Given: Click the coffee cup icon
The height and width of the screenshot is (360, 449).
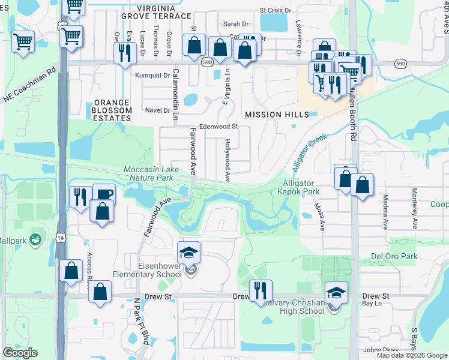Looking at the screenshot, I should (x=103, y=194).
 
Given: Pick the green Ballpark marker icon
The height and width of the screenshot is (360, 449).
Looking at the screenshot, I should (x=36, y=239).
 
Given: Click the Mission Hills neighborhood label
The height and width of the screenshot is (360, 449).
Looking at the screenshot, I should (x=277, y=114).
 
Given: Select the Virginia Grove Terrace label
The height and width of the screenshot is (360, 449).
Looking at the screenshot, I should (x=156, y=12).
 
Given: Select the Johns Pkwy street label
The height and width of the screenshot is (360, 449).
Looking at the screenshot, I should (x=381, y=350).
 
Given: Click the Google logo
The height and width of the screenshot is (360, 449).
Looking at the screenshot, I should (x=20, y=353).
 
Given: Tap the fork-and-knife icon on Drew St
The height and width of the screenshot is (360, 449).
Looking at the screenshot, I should (x=260, y=290).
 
